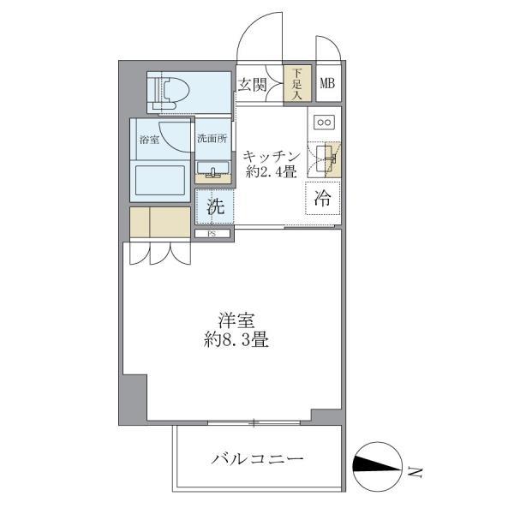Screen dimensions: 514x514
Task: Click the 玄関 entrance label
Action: pos(254,85)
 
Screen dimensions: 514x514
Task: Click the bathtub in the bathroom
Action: pos(159,182)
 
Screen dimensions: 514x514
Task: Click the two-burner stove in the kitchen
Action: pos(326,122)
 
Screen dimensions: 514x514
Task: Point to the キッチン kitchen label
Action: pos(270,156)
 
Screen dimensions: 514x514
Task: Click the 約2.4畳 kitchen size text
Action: pos(270,172)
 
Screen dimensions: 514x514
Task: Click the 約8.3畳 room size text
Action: pos(231,340)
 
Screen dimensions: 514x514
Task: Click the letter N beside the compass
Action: pos(416,470)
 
